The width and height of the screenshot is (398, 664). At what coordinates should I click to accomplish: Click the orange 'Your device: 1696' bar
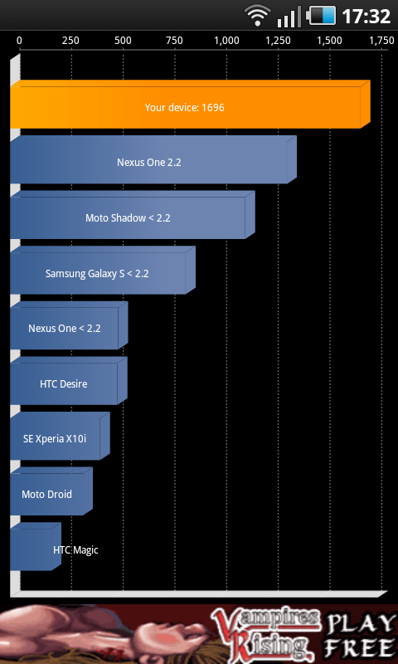(191, 105)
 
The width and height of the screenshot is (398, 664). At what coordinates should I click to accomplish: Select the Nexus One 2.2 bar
(153, 159)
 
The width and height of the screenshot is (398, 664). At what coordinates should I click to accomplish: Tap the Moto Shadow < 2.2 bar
(133, 215)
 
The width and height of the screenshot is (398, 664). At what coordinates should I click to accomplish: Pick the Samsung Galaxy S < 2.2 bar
(103, 271)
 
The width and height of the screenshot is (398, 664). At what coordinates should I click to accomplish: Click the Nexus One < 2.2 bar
(69, 325)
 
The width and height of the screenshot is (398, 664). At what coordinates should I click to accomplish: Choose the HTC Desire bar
(69, 381)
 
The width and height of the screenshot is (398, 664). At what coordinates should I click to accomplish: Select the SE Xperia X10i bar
(60, 437)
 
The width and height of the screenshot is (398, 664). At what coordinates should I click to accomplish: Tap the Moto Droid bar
(51, 491)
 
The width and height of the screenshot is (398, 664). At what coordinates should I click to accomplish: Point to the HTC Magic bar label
(75, 550)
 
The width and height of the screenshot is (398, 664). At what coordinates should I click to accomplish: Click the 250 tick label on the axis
(71, 41)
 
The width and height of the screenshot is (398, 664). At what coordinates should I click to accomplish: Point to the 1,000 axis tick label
(226, 41)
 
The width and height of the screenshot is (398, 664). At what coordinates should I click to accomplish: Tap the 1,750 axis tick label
(381, 41)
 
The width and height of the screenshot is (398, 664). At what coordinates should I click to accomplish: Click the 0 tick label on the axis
(19, 41)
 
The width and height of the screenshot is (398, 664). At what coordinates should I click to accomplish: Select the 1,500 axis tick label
(330, 41)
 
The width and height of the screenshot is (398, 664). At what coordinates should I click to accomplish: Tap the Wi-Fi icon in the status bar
(257, 17)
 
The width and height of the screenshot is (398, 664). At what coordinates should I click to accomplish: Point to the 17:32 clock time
(366, 17)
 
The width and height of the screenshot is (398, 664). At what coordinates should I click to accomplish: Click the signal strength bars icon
(289, 17)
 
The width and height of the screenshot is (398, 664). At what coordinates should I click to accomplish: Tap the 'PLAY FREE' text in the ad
(359, 634)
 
